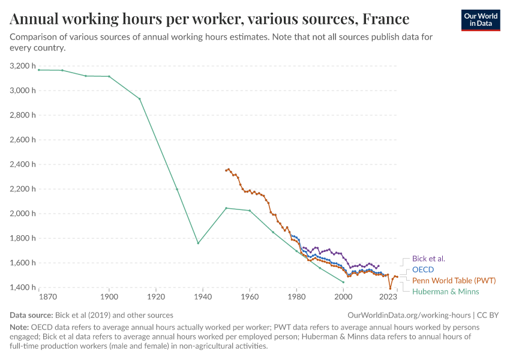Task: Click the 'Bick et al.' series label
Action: [x=428, y=259]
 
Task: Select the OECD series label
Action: [x=422, y=269]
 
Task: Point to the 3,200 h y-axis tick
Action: [x=23, y=65]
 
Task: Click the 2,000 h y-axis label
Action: [x=23, y=213]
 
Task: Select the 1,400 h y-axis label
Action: [x=23, y=287]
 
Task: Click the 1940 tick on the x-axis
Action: [x=203, y=297]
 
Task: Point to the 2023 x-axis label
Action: [x=388, y=297]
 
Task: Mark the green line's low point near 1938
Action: [x=198, y=243]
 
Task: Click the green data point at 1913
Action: [x=140, y=99]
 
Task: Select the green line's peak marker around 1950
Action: [x=226, y=208]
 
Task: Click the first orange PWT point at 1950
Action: [x=226, y=170]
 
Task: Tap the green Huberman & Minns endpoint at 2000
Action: [x=343, y=282]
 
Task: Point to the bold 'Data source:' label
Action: [x=31, y=315]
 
